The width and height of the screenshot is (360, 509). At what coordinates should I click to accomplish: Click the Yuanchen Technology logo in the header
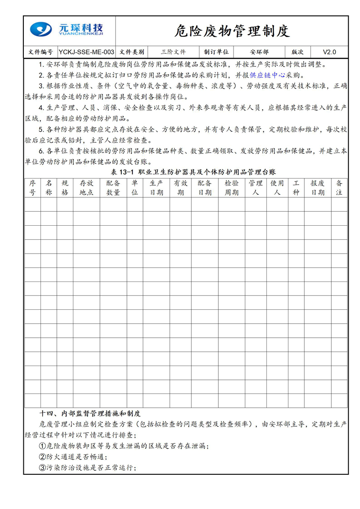pyautogui.click(x=67, y=30)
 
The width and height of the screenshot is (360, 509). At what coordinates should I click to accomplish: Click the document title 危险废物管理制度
pyautogui.click(x=232, y=31)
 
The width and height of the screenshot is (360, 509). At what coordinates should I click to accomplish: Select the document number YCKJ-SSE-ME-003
pyautogui.click(x=86, y=52)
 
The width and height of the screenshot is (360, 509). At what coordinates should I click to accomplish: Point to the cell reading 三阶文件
pyautogui.click(x=173, y=52)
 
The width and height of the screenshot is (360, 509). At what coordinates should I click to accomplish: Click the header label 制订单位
pyautogui.click(x=216, y=52)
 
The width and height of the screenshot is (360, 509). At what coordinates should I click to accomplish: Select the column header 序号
pyautogui.click(x=32, y=188)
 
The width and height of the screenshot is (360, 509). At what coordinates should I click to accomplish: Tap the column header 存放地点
pyautogui.click(x=86, y=188)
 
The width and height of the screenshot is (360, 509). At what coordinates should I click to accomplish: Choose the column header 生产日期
pyautogui.click(x=156, y=188)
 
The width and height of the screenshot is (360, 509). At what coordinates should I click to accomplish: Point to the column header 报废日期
pyautogui.click(x=318, y=188)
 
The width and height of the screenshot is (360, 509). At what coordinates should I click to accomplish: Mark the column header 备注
pyautogui.click(x=339, y=188)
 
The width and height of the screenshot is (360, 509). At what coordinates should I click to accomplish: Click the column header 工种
pyautogui.click(x=296, y=188)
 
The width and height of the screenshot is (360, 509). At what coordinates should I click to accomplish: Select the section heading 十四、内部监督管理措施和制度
pyautogui.click(x=90, y=413)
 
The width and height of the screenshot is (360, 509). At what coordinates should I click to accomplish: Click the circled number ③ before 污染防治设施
pyautogui.click(x=43, y=468)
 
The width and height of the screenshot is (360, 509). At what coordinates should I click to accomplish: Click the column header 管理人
pyautogui.click(x=256, y=188)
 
